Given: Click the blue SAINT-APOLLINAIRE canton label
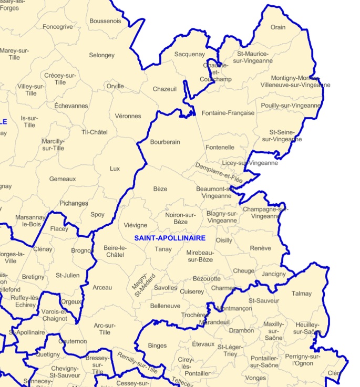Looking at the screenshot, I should coord(169,238).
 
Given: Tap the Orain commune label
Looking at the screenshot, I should coord(278,27).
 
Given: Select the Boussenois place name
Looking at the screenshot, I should coord(105,21).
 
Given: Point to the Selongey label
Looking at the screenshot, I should coord(101,55).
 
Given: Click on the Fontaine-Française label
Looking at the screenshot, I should coord(228,113).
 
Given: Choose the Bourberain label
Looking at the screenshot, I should coord(165,142).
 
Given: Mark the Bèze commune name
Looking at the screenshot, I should coord(160,189).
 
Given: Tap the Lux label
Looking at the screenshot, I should coord(115,169).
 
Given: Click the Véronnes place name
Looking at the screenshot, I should coord(128,116).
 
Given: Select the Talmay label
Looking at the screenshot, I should coord(302,294).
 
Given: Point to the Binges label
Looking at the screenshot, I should coord(157,346).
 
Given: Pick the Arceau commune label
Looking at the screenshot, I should coord(102,287).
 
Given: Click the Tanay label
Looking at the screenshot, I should coord(163,249).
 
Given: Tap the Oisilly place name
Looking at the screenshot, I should coord(224,240).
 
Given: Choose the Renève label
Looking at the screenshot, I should coord(261,248).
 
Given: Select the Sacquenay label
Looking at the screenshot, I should coord(190,54).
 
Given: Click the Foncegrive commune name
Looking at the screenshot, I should coord(58,27).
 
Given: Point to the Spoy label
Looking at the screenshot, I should coord(97,214).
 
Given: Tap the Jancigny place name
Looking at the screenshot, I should coord(274,274).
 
